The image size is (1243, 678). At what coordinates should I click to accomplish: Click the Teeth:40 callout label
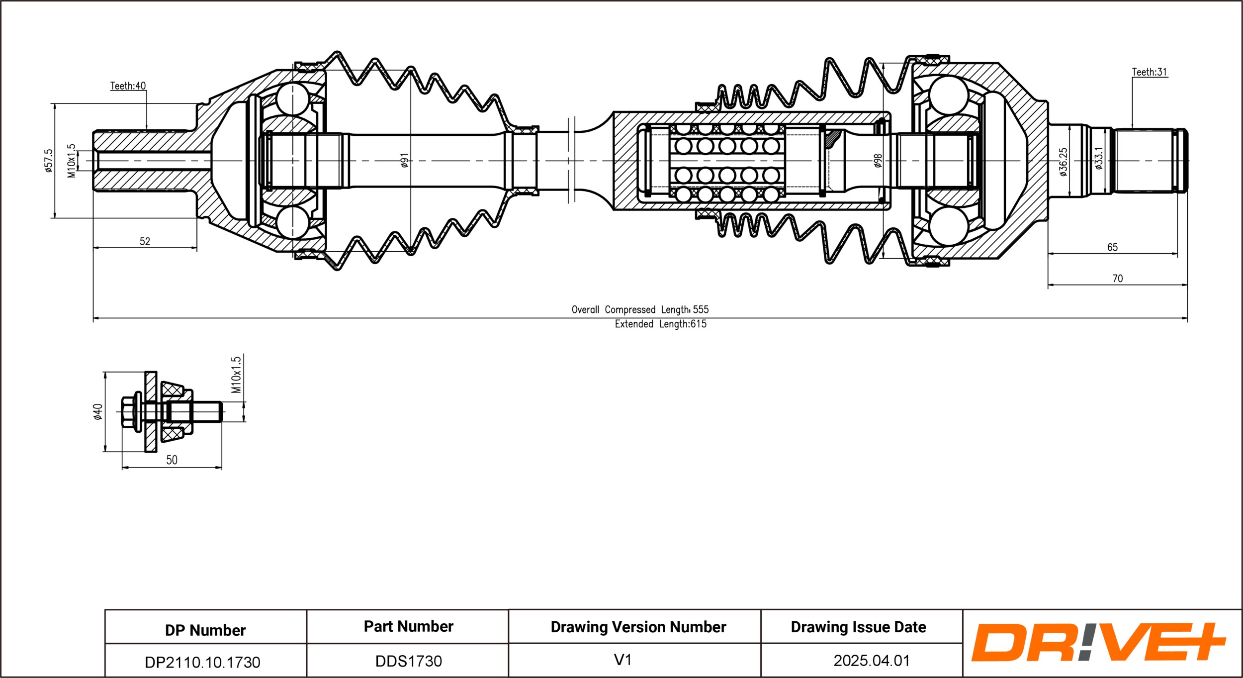(x=128, y=86)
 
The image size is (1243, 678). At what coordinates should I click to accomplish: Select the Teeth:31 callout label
(x=1149, y=72)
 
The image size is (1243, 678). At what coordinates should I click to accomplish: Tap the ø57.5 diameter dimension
(x=48, y=161)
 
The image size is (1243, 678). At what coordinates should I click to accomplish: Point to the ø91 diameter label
(x=405, y=160)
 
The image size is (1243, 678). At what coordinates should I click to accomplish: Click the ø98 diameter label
(x=878, y=161)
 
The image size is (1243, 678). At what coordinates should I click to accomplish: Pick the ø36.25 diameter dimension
(x=1063, y=162)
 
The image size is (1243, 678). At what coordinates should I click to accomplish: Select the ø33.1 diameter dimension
(x=1099, y=158)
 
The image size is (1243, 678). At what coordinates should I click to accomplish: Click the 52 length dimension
(x=145, y=241)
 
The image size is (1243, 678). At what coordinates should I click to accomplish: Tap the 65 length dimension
(x=1112, y=247)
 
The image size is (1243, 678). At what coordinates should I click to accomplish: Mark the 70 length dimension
(x=1117, y=279)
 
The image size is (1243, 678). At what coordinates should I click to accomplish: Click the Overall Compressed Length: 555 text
(x=640, y=309)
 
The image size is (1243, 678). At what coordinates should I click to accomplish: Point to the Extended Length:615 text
(x=660, y=324)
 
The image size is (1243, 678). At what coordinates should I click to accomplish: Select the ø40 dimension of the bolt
(x=98, y=412)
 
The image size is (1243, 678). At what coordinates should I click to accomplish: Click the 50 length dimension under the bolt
(x=172, y=460)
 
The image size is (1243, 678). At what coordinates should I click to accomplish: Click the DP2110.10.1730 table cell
(x=202, y=662)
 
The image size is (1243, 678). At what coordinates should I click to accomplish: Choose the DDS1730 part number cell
(x=408, y=661)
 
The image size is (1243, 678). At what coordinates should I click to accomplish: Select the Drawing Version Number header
(x=638, y=627)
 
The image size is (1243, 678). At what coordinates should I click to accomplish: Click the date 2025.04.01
(x=872, y=661)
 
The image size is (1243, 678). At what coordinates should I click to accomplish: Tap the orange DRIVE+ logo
(x=1098, y=642)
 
